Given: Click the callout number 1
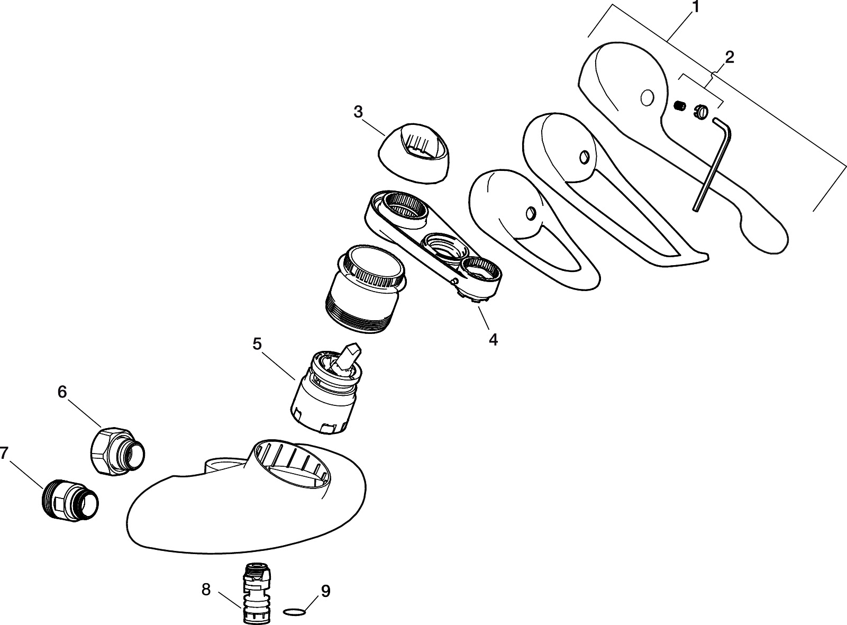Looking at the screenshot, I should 695,7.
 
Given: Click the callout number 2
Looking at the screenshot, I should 729,57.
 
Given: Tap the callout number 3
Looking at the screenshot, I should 358,112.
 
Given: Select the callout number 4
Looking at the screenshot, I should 493,339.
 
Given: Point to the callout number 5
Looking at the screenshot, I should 257,344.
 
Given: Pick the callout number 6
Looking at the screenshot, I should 62,392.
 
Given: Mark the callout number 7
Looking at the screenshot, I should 4,453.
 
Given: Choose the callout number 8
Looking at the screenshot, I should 206,589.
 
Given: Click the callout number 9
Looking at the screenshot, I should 325,591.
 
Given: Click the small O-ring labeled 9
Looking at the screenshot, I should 295,612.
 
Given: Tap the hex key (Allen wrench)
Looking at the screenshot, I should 712,164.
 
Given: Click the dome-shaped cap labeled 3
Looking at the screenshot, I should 414,153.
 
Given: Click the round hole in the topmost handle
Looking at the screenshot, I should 646,97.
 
